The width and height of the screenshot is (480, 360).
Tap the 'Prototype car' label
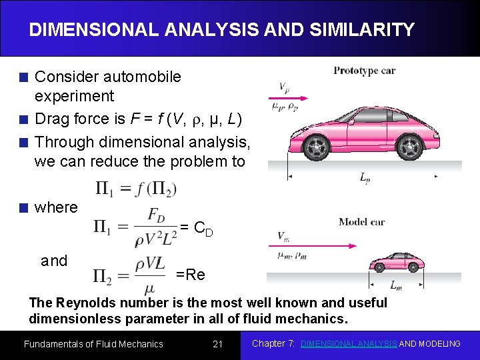[x=364, y=70]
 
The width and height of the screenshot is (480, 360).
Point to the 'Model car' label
[x=361, y=222]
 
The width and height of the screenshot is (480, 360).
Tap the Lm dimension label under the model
[x=395, y=286]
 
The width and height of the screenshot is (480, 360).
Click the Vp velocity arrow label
[x=283, y=87]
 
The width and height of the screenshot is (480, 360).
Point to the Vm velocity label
[x=283, y=236]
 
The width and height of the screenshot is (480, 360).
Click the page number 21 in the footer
[x=217, y=344]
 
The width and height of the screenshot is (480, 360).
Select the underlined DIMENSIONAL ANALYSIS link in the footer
[x=349, y=344]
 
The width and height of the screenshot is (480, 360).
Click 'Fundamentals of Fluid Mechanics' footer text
[x=93, y=344]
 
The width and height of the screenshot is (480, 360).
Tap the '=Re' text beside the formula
[x=191, y=275]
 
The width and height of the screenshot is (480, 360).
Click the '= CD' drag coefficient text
[x=197, y=229]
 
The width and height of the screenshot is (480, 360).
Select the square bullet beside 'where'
[x=24, y=208]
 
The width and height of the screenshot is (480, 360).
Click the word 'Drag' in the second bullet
[x=51, y=119]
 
